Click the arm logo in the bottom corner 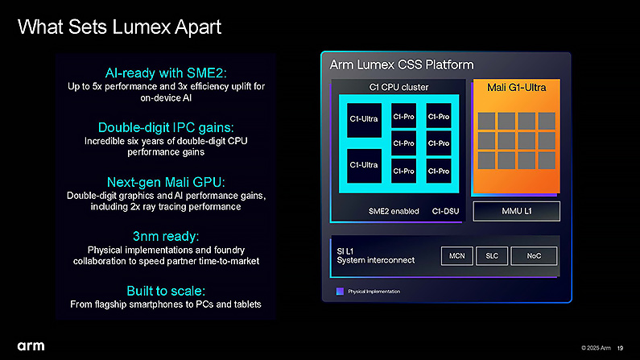click(x=31, y=346)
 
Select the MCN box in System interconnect click(x=456, y=256)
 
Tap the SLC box click(x=492, y=256)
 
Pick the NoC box click(x=534, y=256)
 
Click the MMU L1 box click(x=516, y=211)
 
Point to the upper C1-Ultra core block click(x=364, y=119)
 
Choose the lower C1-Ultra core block click(x=364, y=165)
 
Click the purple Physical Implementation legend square click(x=340, y=291)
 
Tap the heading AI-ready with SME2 click(x=166, y=73)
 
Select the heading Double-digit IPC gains click(x=166, y=127)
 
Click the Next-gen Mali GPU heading click(x=166, y=182)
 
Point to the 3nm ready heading click(x=166, y=236)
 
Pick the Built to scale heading click(x=166, y=291)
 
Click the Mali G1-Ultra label click(x=516, y=87)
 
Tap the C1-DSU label click(x=445, y=212)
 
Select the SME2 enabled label click(x=394, y=212)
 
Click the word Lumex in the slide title click(x=141, y=27)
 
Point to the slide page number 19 click(x=620, y=348)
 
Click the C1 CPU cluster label click(x=398, y=87)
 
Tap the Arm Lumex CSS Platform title click(x=402, y=65)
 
